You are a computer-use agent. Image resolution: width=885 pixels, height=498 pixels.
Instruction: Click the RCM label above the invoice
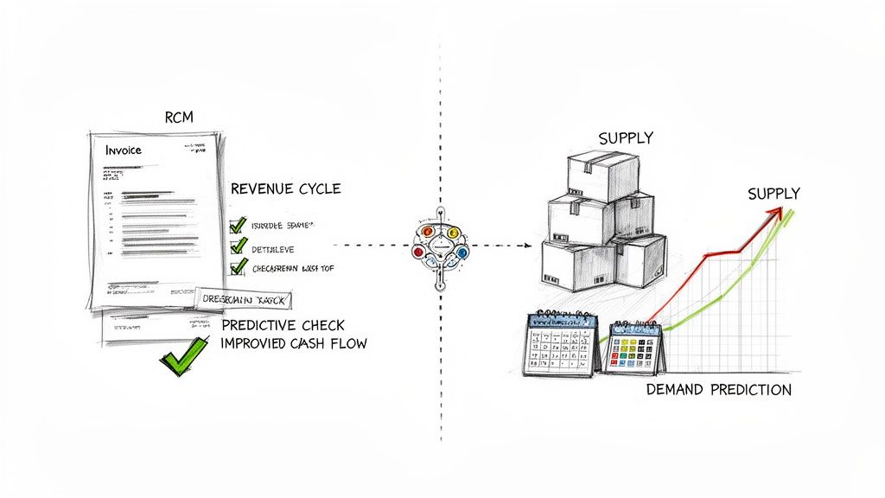[x=178, y=117]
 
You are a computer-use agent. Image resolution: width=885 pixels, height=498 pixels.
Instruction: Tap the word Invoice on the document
[x=124, y=150]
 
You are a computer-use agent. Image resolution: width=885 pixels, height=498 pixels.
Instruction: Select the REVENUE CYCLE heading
[x=286, y=188]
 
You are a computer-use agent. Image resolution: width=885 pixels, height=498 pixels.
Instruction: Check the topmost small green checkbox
[x=238, y=226]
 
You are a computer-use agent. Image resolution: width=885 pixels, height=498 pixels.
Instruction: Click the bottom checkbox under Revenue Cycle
[x=238, y=268]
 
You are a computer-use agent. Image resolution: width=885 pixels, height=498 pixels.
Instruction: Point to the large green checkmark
[x=184, y=354]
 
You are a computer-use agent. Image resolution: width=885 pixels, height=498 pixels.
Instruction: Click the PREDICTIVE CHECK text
[x=283, y=325]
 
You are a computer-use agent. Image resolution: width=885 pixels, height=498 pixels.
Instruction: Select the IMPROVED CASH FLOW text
[x=294, y=343]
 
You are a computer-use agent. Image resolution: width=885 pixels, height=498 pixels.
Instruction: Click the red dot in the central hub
[x=418, y=252]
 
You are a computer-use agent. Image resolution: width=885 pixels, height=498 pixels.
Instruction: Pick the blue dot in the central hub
[x=462, y=252]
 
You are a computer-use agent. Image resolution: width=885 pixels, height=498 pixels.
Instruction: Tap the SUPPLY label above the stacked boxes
[x=626, y=138]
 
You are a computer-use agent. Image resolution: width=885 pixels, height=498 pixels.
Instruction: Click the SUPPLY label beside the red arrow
[x=774, y=194]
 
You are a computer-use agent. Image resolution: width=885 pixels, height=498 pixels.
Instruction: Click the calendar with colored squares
[x=635, y=349]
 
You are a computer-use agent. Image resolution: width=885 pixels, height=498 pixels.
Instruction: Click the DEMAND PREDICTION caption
[x=718, y=390]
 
